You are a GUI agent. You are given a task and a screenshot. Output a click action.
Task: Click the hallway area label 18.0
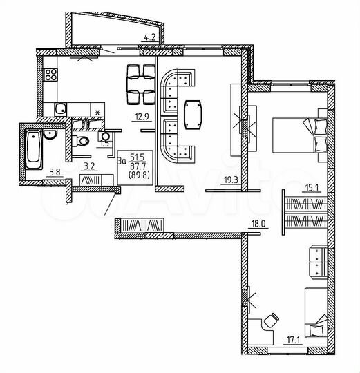tap(258, 224)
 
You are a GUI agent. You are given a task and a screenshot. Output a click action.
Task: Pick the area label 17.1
tap(293, 338)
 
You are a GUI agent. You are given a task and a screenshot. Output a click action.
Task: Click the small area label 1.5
tap(105, 143)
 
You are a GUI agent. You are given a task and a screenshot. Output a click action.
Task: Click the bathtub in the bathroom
tap(34, 147)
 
